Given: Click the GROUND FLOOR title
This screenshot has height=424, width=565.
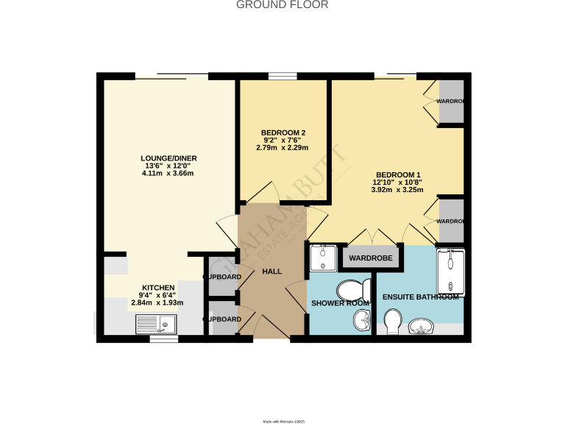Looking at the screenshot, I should pos(282,5).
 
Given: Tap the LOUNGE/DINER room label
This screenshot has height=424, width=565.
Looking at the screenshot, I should pos(169,158).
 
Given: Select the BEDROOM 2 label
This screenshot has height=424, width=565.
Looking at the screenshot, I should pos(283,132).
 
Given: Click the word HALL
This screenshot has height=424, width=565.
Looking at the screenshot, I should pos(272,272).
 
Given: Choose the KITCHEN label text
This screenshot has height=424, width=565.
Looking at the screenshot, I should pos(158,287).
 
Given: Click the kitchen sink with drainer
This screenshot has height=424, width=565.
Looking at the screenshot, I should pos(156,323).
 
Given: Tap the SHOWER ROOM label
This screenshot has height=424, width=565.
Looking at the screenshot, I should pos(339,303).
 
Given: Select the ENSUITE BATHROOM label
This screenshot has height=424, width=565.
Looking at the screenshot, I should pos(421,297).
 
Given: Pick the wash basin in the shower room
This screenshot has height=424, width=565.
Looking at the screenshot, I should pos(362,320).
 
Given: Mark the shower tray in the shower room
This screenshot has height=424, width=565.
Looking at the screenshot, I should pos(321,258).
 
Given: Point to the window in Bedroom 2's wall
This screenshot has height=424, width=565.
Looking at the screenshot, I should pos(282,75).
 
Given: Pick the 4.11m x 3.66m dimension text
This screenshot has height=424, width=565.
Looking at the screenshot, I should pos(168,174).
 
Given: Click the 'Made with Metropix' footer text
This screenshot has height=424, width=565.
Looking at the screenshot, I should pos(283,421).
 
